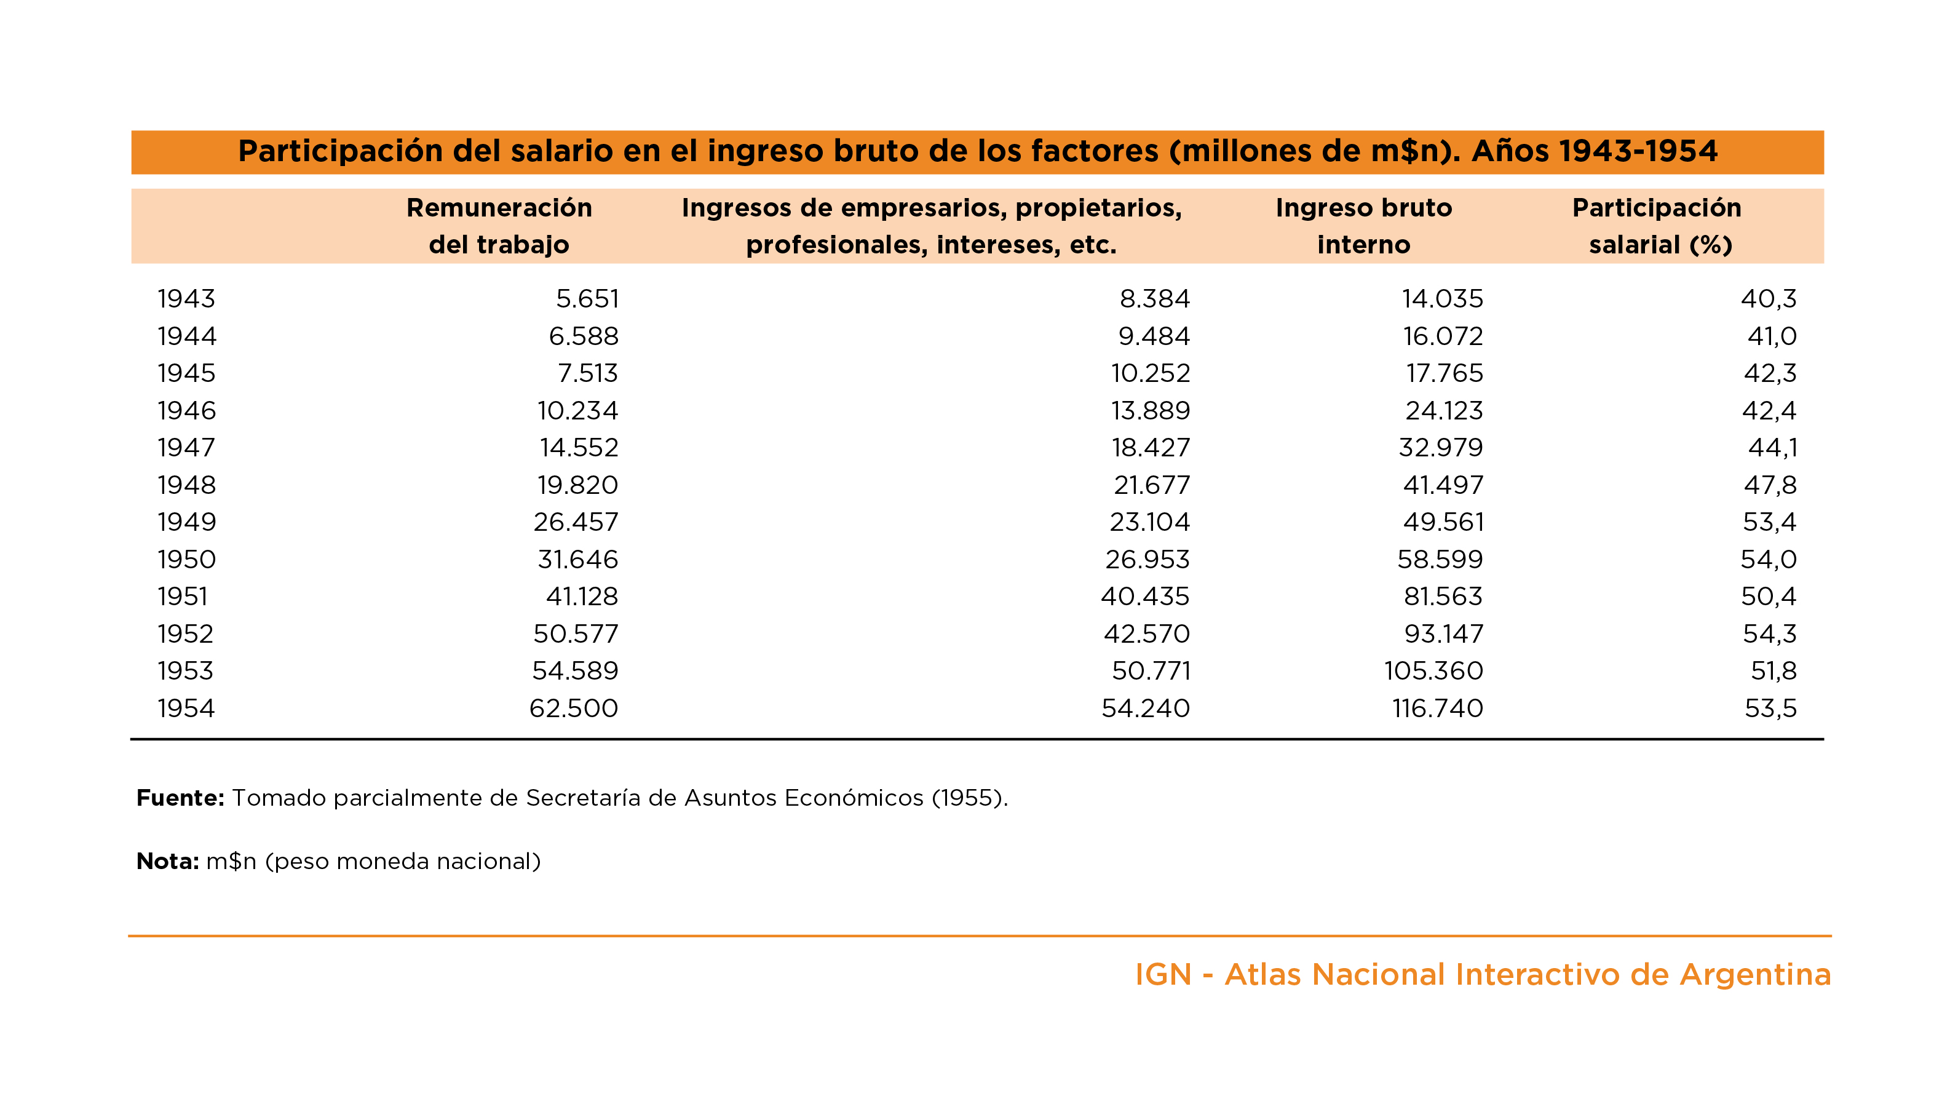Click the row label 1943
[186, 299]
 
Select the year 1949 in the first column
[186, 522]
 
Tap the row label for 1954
[186, 708]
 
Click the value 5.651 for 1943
[587, 299]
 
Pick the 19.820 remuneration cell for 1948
[577, 485]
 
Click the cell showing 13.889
[1150, 411]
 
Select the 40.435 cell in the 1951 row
[1144, 597]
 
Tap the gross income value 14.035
[1442, 299]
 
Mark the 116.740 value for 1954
[1438, 708]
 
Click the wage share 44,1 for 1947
[1772, 448]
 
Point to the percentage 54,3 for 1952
[1769, 634]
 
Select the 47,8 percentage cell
[1770, 485]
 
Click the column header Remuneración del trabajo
[499, 226]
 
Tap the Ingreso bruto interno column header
[1363, 226]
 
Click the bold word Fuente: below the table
[180, 798]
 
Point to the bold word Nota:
[168, 862]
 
